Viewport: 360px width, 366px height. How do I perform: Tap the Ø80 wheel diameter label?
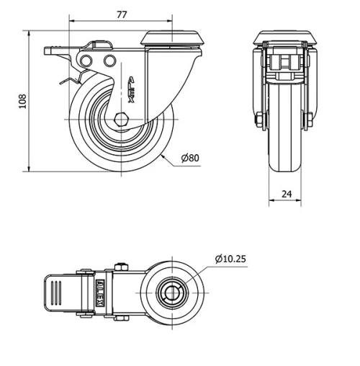[190, 158]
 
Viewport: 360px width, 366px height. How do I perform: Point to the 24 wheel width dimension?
[287, 194]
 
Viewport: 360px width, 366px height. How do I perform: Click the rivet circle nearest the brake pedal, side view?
[87, 60]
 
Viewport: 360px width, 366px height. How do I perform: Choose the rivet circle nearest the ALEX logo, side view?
[109, 60]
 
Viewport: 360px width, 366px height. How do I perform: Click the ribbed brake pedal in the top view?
[61, 293]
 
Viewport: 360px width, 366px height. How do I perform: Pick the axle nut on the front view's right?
[310, 119]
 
